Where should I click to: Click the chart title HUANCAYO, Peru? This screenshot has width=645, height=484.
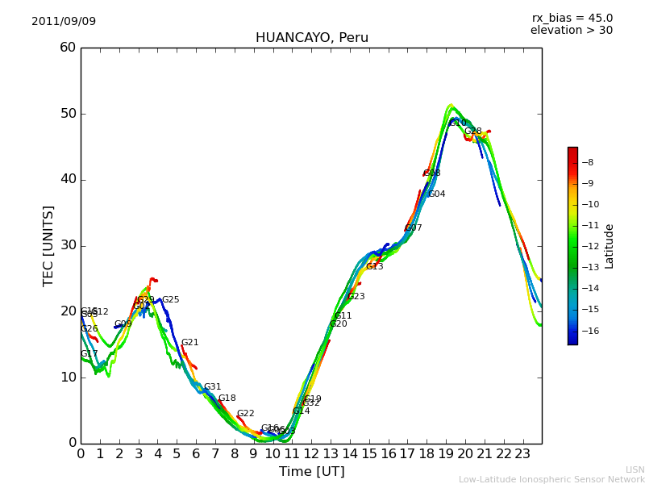click(x=311, y=38)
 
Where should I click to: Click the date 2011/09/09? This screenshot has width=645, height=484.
click(x=64, y=22)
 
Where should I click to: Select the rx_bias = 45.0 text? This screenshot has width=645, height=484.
click(x=572, y=19)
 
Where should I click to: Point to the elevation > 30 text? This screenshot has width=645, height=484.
click(x=571, y=31)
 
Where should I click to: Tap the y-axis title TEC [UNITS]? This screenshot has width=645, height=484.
click(x=48, y=245)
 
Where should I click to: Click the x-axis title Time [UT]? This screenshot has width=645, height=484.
click(x=311, y=472)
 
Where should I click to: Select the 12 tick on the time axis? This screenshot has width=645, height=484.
click(x=311, y=454)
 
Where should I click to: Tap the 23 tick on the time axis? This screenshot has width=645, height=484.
click(x=522, y=454)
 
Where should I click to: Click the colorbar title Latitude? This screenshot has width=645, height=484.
click(x=610, y=246)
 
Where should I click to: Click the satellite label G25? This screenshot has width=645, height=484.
click(x=171, y=300)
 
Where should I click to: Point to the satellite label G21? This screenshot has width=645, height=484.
click(x=189, y=343)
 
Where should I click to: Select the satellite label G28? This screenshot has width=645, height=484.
click(x=472, y=131)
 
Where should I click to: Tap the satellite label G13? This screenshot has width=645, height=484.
click(x=374, y=267)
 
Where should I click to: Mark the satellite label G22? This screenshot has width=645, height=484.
click(x=245, y=414)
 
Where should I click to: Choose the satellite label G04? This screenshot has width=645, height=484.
click(x=436, y=194)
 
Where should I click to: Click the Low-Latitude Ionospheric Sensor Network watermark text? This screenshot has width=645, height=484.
click(x=551, y=479)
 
